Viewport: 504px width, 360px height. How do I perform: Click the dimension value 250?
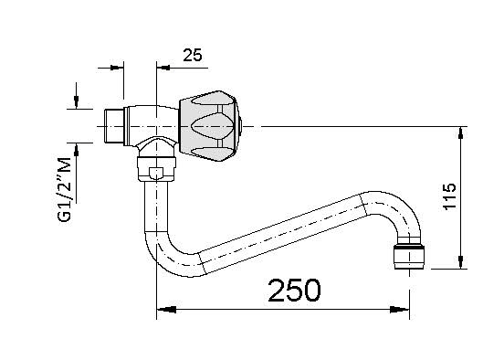click(x=294, y=291)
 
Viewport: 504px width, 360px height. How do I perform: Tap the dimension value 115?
click(x=450, y=196)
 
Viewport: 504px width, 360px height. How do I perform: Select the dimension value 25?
click(x=193, y=55)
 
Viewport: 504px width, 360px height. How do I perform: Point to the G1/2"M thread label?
click(x=64, y=189)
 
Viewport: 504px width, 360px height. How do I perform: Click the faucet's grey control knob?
click(x=209, y=126)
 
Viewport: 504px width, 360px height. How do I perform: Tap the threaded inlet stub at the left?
click(x=114, y=126)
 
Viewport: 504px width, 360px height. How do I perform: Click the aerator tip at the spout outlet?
click(x=409, y=257)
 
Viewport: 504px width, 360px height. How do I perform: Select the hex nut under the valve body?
click(x=156, y=169)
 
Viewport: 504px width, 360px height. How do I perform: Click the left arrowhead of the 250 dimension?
click(x=166, y=310)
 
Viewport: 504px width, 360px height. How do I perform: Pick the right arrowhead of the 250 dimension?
click(x=400, y=310)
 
